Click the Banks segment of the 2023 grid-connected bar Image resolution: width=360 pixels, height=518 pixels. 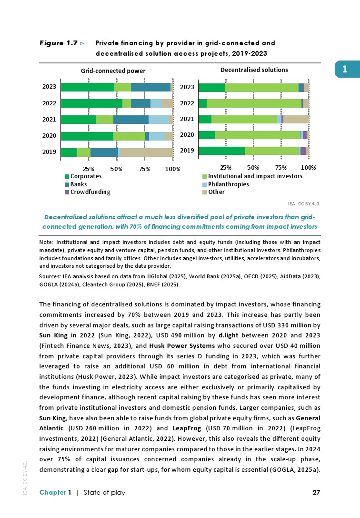pyautogui.click(x=150, y=87)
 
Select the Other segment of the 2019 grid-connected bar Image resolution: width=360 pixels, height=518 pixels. pyautogui.click(x=146, y=152)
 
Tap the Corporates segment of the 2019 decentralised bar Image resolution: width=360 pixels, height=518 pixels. pyautogui.click(x=221, y=151)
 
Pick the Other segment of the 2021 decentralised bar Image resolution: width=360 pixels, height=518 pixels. pyautogui.click(x=296, y=119)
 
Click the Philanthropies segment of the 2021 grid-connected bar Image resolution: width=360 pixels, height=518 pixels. pyautogui.click(x=159, y=120)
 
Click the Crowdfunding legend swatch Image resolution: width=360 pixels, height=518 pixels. pyautogui.click(x=67, y=192)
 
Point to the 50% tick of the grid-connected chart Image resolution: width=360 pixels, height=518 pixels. pyautogui.click(x=116, y=168)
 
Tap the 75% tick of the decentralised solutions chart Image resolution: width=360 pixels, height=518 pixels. pyautogui.click(x=281, y=167)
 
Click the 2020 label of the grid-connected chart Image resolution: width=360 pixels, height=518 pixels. pyautogui.click(x=50, y=136)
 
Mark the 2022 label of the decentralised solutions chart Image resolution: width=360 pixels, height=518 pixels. pyautogui.click(x=187, y=103)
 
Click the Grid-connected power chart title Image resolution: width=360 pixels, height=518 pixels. pyautogui.click(x=113, y=71)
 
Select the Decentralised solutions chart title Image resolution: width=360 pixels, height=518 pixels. pyautogui.click(x=254, y=70)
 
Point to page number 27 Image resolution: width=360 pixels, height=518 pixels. pyautogui.click(x=316, y=492)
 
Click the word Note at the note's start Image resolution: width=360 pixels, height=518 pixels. pyautogui.click(x=46, y=243)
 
